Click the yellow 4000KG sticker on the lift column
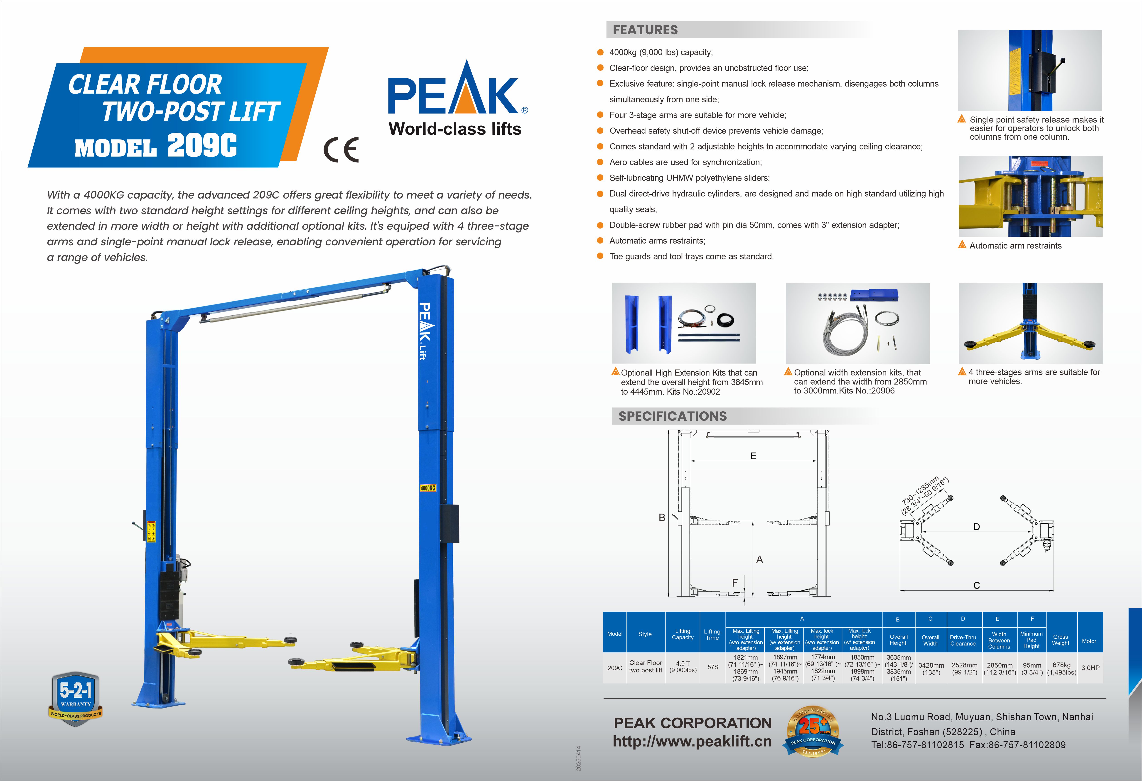[427, 488]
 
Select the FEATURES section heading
[645, 30]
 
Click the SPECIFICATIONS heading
[672, 416]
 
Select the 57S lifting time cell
[712, 667]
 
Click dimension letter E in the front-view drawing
[753, 456]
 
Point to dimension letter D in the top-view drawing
[976, 527]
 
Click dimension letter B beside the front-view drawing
[662, 517]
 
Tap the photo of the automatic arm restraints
[1030, 196]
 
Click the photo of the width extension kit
[857, 323]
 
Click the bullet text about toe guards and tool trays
[691, 256]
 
